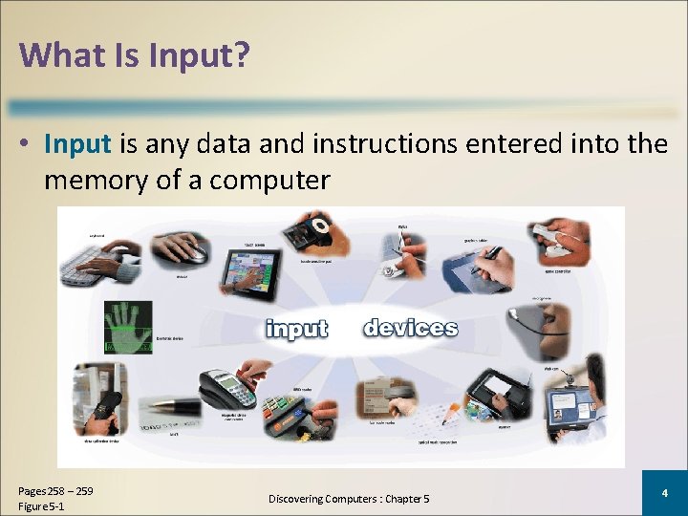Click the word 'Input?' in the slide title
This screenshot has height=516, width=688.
pyautogui.click(x=200, y=55)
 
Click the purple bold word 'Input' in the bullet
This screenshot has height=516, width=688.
pyautogui.click(x=78, y=144)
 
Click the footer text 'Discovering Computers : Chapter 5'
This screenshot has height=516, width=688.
pyautogui.click(x=349, y=499)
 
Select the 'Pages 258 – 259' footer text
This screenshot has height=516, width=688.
pyautogui.click(x=55, y=491)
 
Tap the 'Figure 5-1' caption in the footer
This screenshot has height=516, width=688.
pyautogui.click(x=41, y=505)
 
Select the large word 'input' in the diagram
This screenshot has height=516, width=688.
pyautogui.click(x=297, y=329)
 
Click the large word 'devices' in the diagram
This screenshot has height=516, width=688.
pyautogui.click(x=410, y=329)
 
